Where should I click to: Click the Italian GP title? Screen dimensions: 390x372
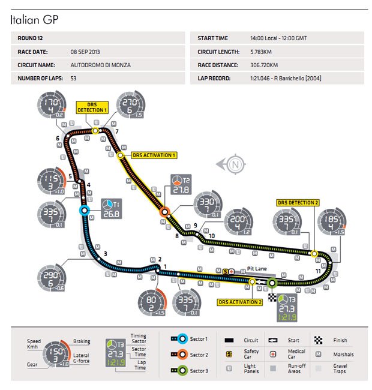coord(34,19)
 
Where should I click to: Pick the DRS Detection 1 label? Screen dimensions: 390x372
coord(91,107)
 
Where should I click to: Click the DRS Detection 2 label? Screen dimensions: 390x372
coord(298,202)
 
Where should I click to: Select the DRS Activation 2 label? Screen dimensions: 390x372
coord(240,302)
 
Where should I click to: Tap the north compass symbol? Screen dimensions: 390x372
coord(235,163)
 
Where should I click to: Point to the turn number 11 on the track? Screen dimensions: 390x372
coord(318,271)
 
